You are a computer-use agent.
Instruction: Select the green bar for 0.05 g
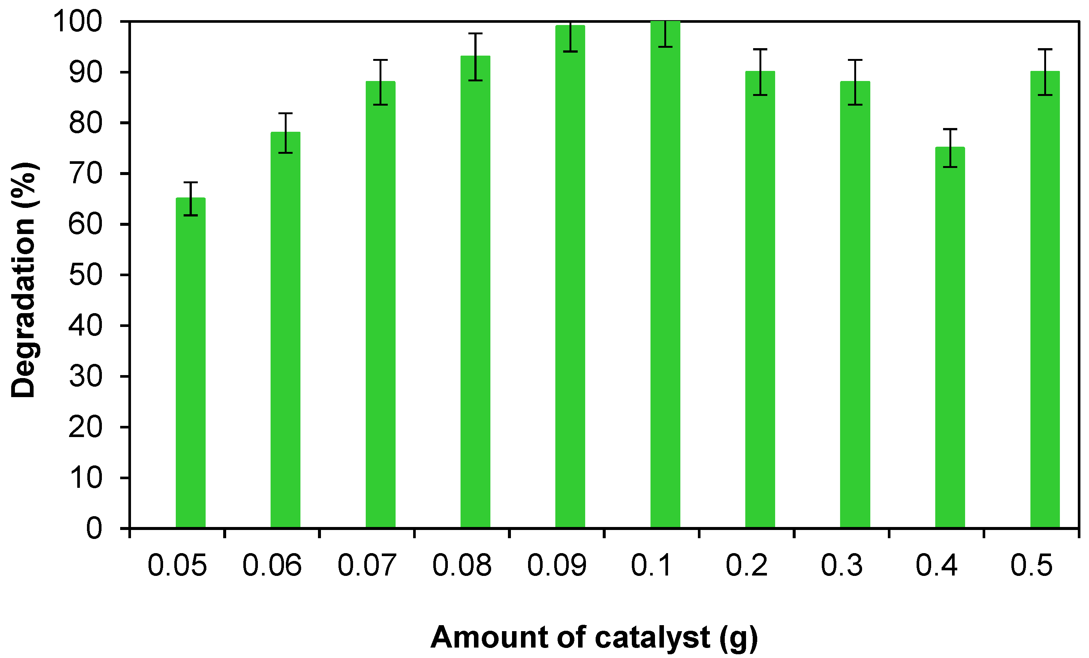point(190,362)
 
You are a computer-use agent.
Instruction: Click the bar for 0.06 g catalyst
point(285,329)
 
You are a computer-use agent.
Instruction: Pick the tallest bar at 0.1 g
point(665,274)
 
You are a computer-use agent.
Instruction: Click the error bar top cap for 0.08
point(475,34)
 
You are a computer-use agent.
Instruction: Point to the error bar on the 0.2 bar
point(760,72)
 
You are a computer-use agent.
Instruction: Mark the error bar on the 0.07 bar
point(381,82)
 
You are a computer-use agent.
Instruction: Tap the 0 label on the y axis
point(94,528)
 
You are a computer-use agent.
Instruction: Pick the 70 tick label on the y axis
point(85,173)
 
